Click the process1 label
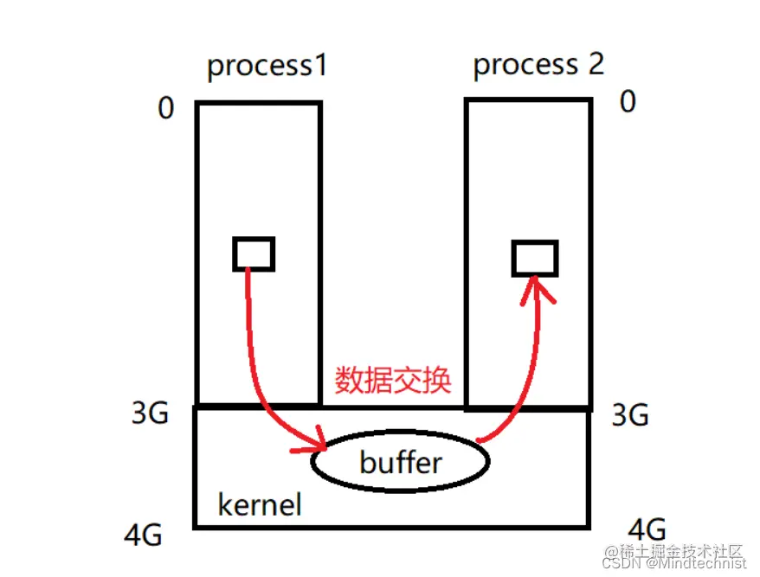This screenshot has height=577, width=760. tap(267, 67)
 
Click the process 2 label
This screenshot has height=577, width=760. tap(538, 64)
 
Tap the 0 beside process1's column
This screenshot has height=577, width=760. tap(166, 109)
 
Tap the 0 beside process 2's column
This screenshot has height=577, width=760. tap(628, 102)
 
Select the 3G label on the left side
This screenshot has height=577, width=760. tap(150, 415)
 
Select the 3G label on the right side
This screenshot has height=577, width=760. tap(629, 416)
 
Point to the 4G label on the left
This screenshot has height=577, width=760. tap(143, 535)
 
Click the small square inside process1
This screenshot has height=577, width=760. tap(254, 253)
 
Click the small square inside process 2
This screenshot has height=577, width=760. tap(534, 258)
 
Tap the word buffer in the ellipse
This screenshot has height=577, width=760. tap(400, 462)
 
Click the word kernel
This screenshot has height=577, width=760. tap(259, 503)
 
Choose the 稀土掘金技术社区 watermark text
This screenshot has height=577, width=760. tap(675, 550)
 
